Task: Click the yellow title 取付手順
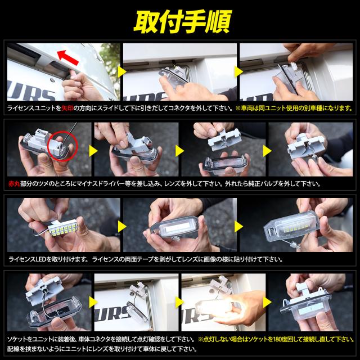click(x=182, y=22)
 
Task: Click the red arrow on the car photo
click(x=67, y=58)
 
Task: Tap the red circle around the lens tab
click(x=62, y=146)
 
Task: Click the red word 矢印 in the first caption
click(x=67, y=108)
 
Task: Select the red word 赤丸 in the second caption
click(x=14, y=184)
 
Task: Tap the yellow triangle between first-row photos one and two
click(x=122, y=72)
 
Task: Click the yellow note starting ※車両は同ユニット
click(x=294, y=108)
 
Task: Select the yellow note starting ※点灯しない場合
click(x=276, y=339)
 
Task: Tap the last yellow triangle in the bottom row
click(x=267, y=302)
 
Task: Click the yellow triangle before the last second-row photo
click(x=267, y=151)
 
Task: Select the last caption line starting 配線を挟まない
click(x=102, y=349)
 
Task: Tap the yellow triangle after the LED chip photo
click(x=122, y=227)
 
